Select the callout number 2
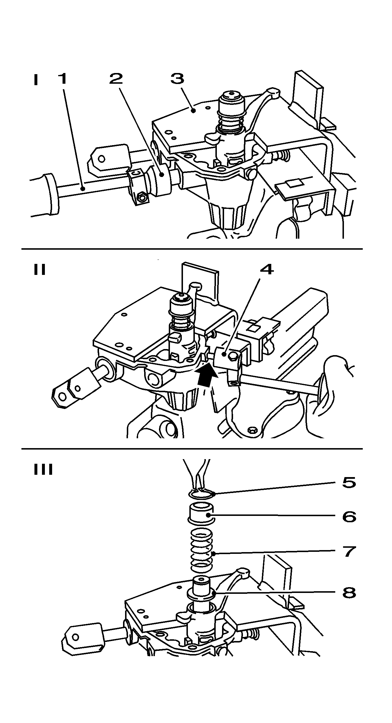[x=116, y=78]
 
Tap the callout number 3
[x=177, y=78]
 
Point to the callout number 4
[x=267, y=269]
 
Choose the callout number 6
[x=349, y=517]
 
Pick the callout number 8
[x=349, y=593]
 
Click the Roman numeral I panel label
[x=36, y=80]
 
